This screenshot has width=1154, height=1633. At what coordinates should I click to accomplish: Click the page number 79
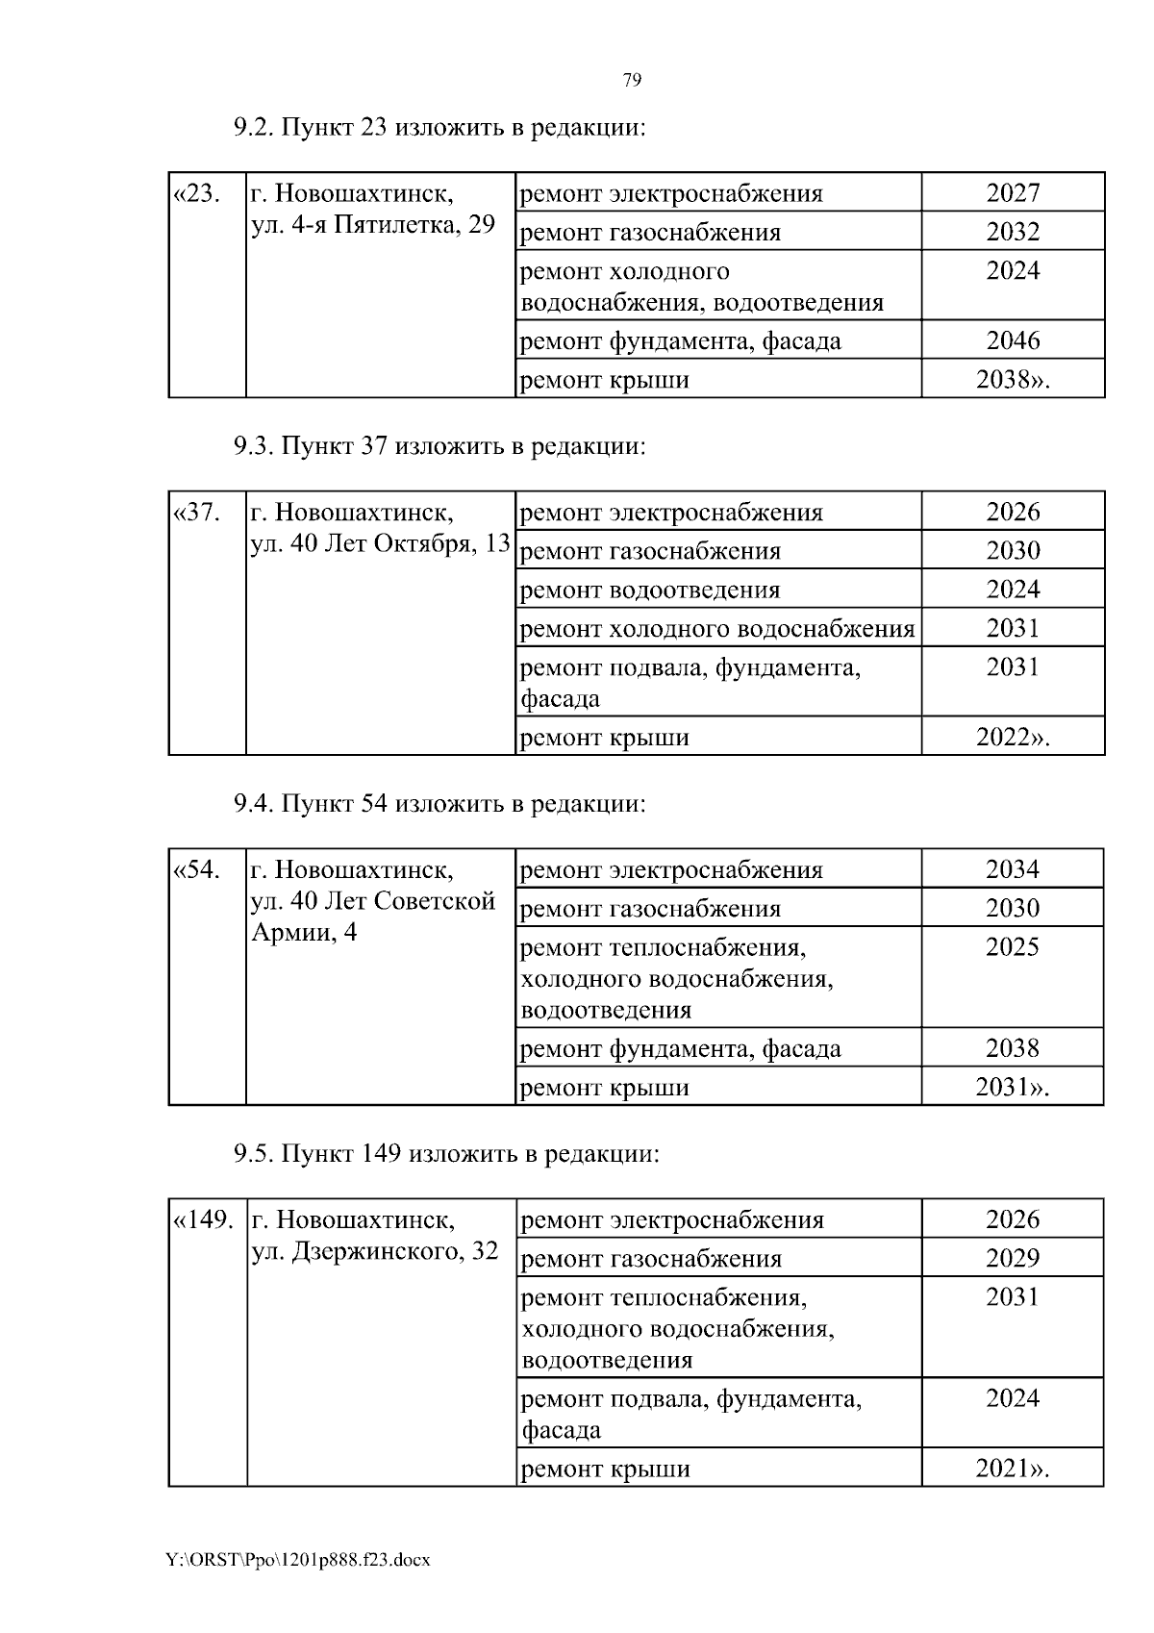[x=632, y=80]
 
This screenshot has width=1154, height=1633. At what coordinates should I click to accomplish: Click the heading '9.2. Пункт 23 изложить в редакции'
[x=439, y=127]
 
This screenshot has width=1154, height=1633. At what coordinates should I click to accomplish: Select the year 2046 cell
[x=1013, y=340]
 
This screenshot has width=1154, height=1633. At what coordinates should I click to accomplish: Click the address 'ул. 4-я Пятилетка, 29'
[x=372, y=225]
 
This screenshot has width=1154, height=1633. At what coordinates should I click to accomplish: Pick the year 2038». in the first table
[x=1013, y=380]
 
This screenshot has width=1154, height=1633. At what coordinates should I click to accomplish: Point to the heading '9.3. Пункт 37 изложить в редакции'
[x=439, y=446]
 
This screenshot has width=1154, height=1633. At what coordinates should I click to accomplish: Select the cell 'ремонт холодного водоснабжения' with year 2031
[x=716, y=629]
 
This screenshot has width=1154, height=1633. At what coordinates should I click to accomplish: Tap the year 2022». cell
[x=1013, y=738]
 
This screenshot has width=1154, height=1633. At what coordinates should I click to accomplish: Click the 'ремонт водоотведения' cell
[x=650, y=590]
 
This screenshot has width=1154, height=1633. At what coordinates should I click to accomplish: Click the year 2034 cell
[x=1013, y=869]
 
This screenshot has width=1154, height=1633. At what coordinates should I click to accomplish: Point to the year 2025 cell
[x=1013, y=947]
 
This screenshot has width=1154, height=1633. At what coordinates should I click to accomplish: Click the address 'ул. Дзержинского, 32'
[x=375, y=1251]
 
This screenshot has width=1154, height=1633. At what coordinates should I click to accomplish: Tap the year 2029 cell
[x=1013, y=1258]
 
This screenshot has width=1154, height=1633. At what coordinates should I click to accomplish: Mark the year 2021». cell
[x=1013, y=1469]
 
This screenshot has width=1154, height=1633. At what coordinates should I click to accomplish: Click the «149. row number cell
[x=203, y=1220]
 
